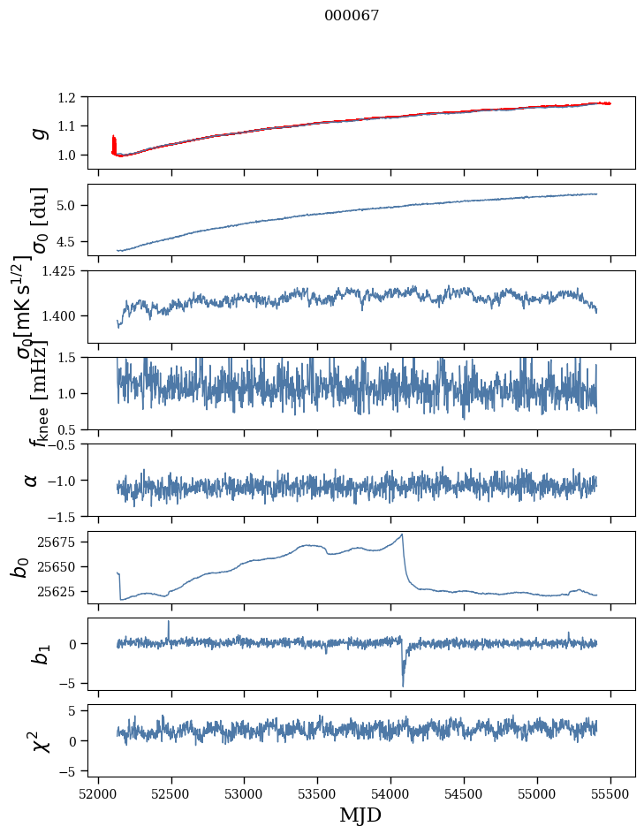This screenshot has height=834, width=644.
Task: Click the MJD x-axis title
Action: click(x=360, y=815)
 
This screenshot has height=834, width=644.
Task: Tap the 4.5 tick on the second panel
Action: click(x=76, y=241)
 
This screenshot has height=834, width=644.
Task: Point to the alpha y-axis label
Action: click(x=32, y=480)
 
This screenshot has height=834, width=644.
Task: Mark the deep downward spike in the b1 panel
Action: click(x=403, y=685)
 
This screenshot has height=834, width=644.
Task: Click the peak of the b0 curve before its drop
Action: click(x=402, y=535)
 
